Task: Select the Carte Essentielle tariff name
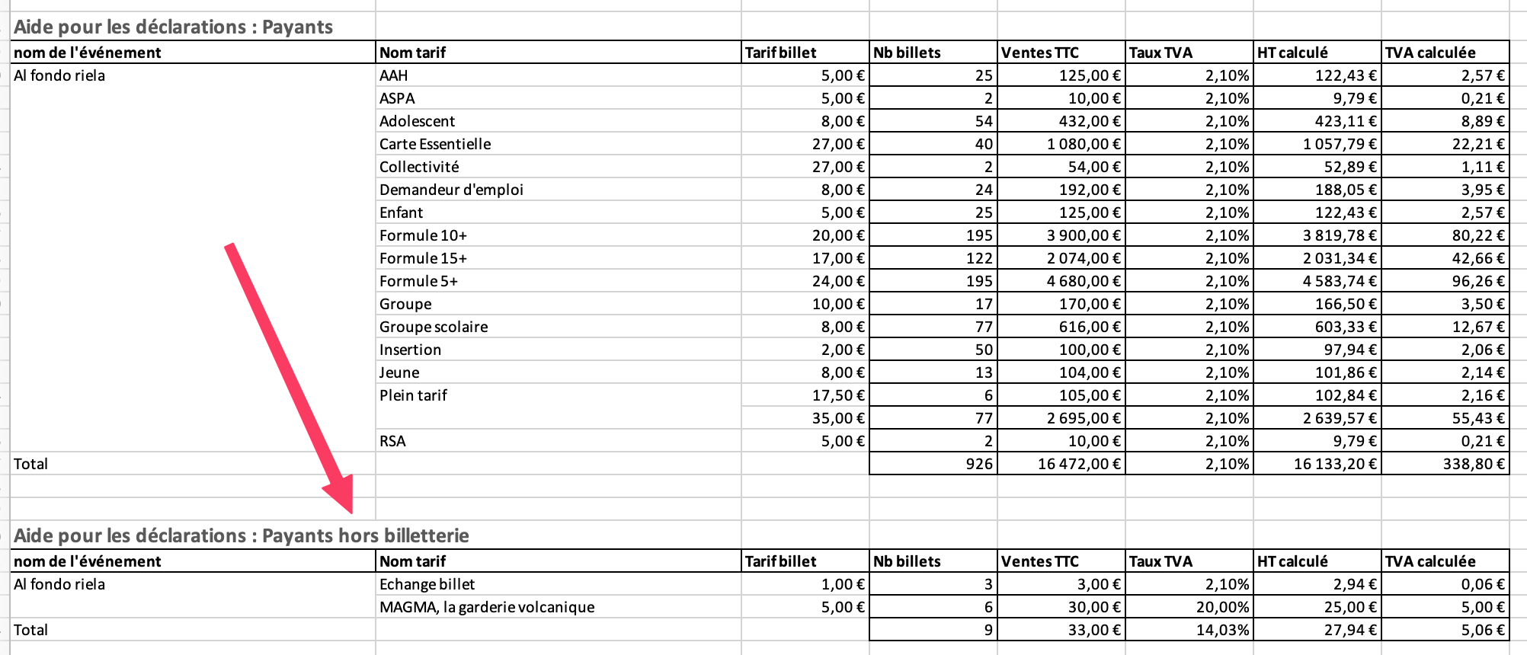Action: coord(435,144)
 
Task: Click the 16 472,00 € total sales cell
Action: coord(1079,464)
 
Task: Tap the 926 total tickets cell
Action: coord(979,464)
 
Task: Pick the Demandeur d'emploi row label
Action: coord(451,190)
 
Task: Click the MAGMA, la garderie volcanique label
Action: coord(487,607)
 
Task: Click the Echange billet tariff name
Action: coord(427,584)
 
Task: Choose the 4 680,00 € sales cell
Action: coord(1084,281)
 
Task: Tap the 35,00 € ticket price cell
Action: coord(838,418)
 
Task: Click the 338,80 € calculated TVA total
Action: coord(1474,464)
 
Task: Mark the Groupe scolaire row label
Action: coord(434,327)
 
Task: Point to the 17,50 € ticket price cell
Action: coord(838,395)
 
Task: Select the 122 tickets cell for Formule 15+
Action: coord(979,258)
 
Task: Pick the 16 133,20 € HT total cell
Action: coord(1335,464)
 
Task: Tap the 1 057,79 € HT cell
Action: coord(1340,144)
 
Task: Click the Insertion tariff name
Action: coord(410,350)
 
